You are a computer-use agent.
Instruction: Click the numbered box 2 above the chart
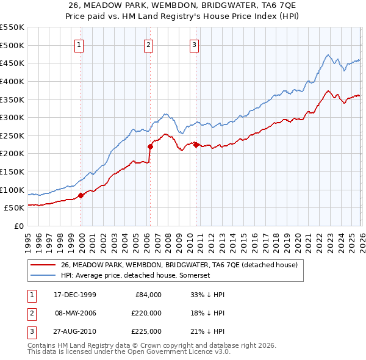click(149, 44)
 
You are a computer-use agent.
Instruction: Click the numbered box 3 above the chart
click(195, 44)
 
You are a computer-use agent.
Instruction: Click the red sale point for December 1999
click(81, 195)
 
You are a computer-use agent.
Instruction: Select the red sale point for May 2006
click(149, 146)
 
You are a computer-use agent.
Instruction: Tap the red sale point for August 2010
click(196, 145)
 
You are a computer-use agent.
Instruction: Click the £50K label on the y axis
click(15, 207)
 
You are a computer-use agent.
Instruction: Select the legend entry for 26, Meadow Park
click(179, 265)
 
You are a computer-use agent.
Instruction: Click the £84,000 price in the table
click(148, 294)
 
